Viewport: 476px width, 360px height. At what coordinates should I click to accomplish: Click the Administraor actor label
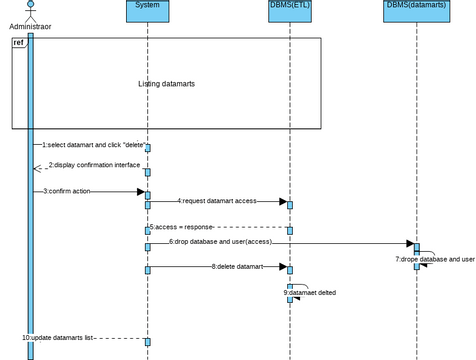[30, 27]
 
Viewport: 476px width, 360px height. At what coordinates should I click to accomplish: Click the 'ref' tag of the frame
[19, 43]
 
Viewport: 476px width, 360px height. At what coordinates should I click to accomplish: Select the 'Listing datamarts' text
[166, 84]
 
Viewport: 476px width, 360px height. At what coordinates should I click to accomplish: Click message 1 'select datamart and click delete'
[93, 145]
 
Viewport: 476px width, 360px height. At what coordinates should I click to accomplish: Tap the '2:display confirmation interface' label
[94, 165]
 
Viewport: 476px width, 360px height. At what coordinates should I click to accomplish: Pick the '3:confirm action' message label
[68, 190]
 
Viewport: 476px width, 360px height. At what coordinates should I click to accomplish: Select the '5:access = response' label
[185, 227]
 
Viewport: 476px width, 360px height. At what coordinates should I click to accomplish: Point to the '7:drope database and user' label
[434, 259]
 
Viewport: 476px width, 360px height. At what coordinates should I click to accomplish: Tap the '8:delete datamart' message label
[237, 266]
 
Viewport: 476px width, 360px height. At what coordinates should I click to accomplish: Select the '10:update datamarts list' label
[57, 337]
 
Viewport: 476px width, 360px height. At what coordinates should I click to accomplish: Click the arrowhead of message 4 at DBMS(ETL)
[283, 202]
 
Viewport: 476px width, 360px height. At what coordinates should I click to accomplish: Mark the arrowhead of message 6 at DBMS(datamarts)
[410, 243]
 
